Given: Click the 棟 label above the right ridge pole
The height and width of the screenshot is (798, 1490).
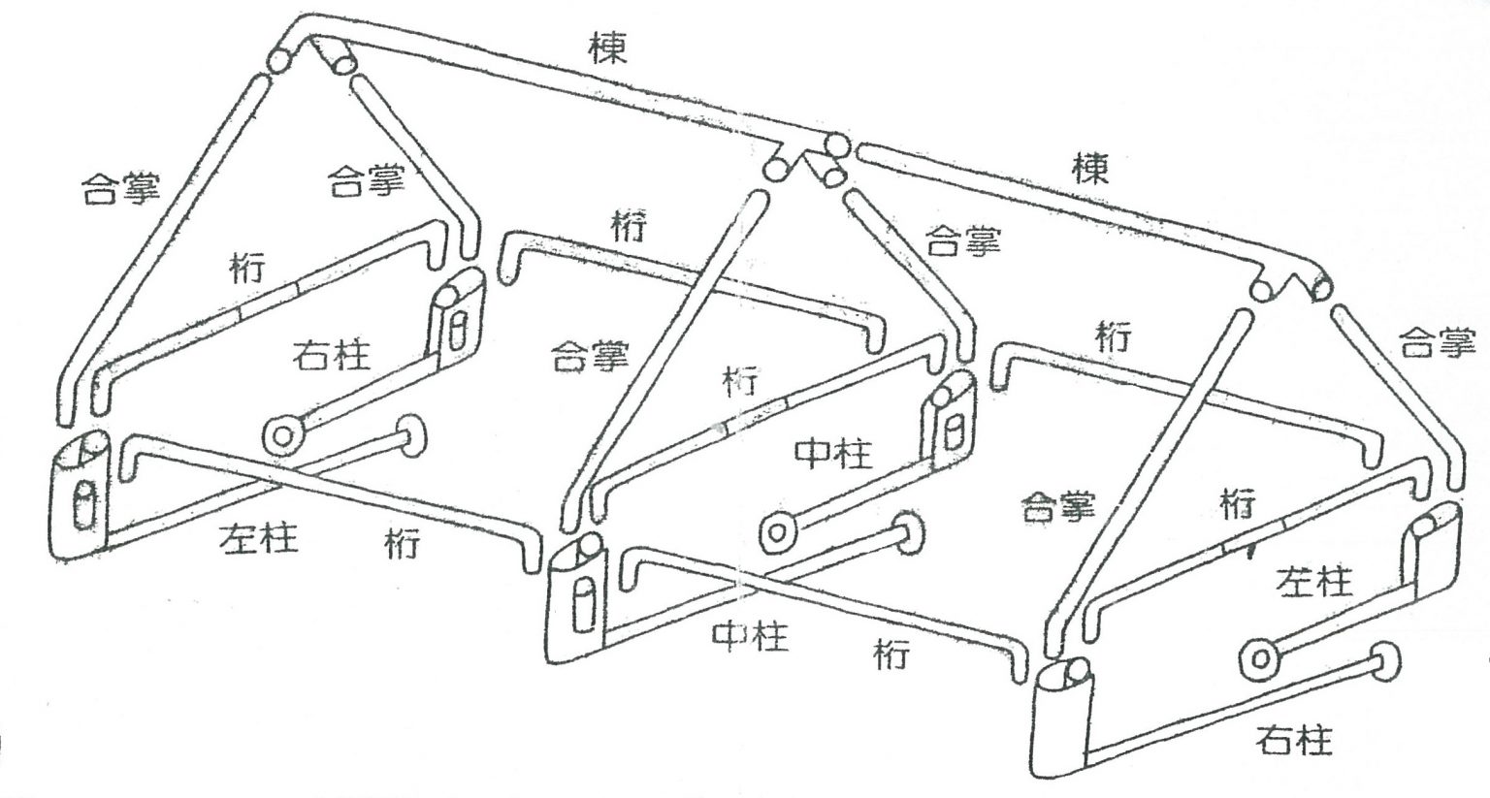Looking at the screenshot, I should point(1090,170).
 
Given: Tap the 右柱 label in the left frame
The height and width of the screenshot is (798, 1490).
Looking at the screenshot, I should point(331,356).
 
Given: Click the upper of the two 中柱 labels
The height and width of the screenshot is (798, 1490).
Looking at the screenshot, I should point(833,452).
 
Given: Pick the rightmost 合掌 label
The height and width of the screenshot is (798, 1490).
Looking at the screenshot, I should point(1437,343).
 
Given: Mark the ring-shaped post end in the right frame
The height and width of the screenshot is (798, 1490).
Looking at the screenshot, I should point(1261,659).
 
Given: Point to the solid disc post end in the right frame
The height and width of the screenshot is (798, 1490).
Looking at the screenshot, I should point(1386,661).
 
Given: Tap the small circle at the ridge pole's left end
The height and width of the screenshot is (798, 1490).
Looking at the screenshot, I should point(280,60).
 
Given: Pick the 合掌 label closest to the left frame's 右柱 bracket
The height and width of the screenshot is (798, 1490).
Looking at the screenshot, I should point(366,180).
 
